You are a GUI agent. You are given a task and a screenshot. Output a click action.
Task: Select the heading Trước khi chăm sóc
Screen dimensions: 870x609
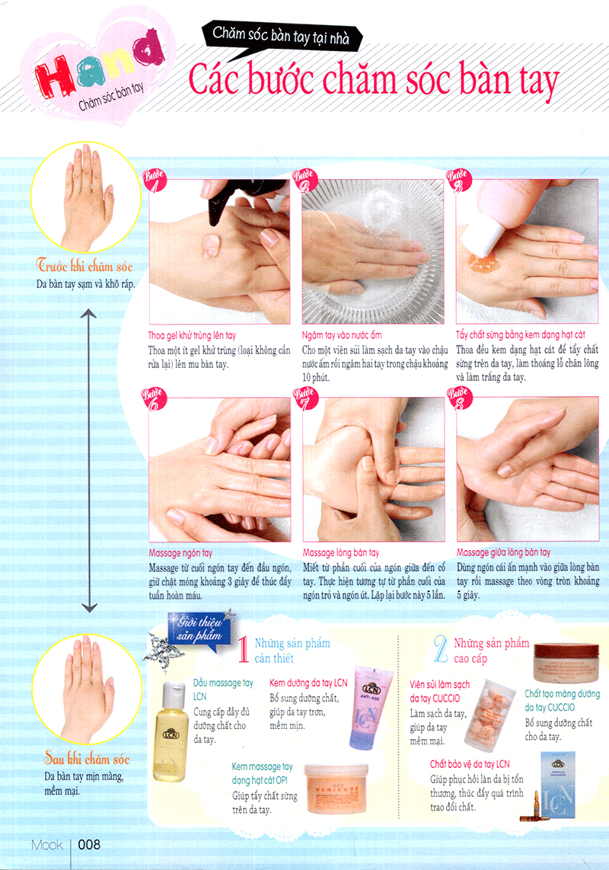coord(86,266)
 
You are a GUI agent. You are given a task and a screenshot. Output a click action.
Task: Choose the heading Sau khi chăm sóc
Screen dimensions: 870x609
coord(86,759)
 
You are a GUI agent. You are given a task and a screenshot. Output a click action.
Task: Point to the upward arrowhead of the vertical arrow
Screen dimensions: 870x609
coord(89,314)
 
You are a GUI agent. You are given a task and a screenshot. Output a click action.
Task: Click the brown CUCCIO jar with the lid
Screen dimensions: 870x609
coord(566,660)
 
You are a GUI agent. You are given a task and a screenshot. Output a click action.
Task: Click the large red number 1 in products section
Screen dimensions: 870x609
coord(243,651)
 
